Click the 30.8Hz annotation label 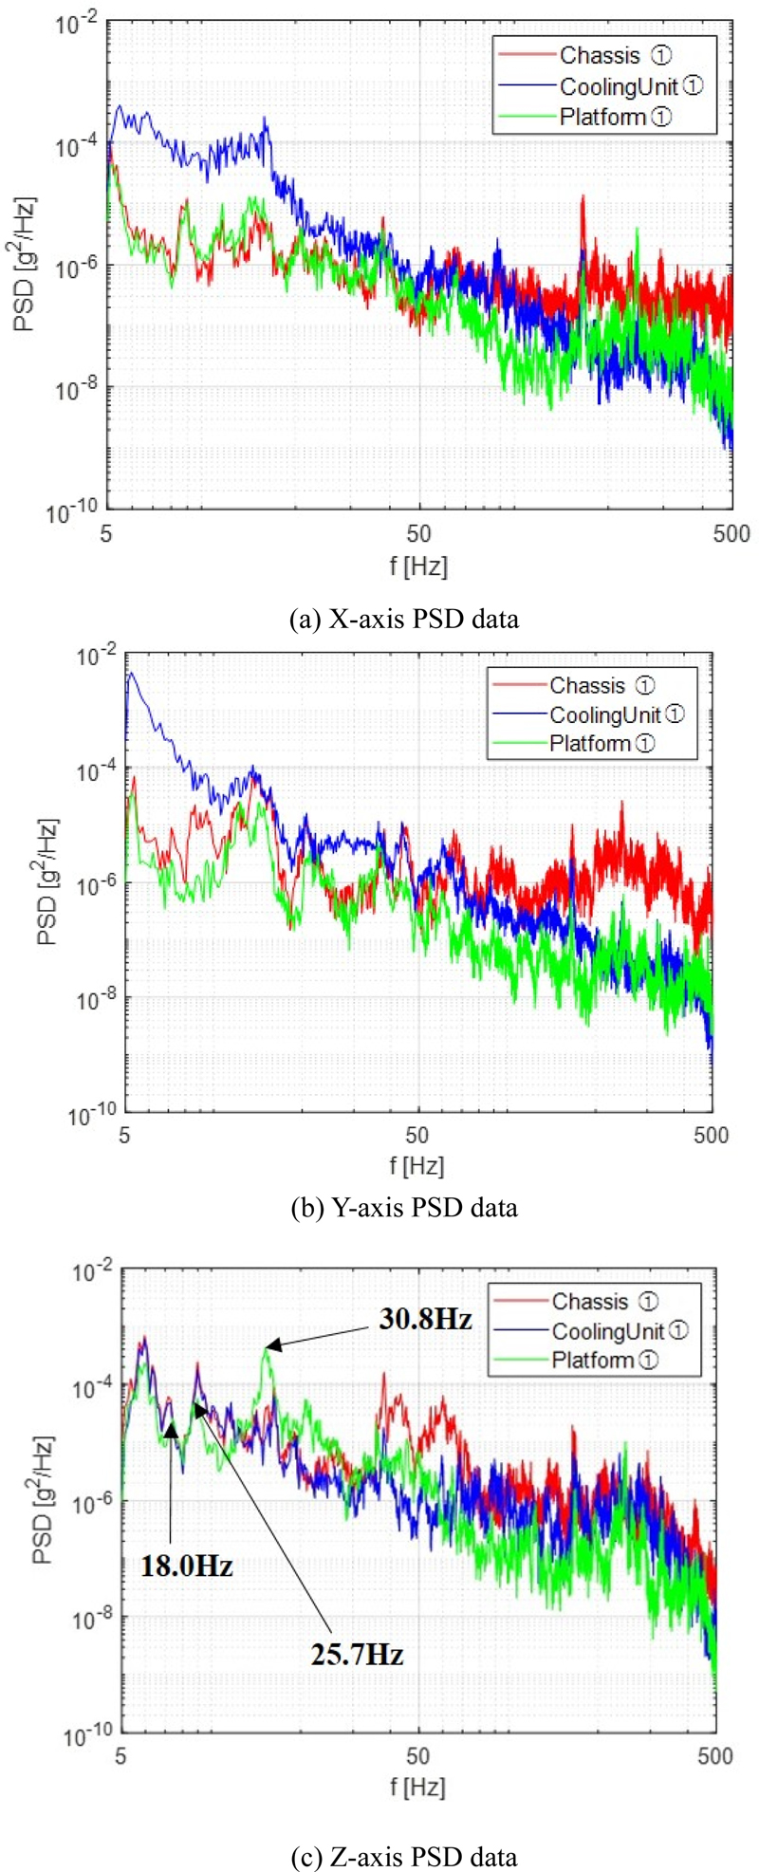pos(425,1318)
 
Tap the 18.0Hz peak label pos(187,1565)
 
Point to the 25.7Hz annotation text pos(357,1654)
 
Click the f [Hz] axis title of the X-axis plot pos(418,566)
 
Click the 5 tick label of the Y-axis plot pos(125,1135)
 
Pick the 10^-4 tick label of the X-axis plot pos(75,146)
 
